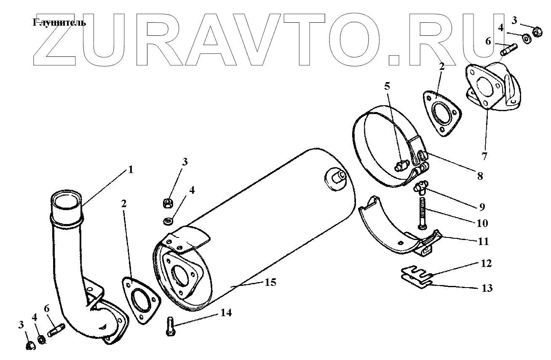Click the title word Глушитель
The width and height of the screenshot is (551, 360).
pos(59,23)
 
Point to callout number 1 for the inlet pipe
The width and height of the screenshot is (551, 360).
pos(130,170)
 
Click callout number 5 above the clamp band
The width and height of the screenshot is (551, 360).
pos(387,86)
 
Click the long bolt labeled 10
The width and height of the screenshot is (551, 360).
pos(423,213)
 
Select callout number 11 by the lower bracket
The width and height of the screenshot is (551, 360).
pos(483,241)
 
